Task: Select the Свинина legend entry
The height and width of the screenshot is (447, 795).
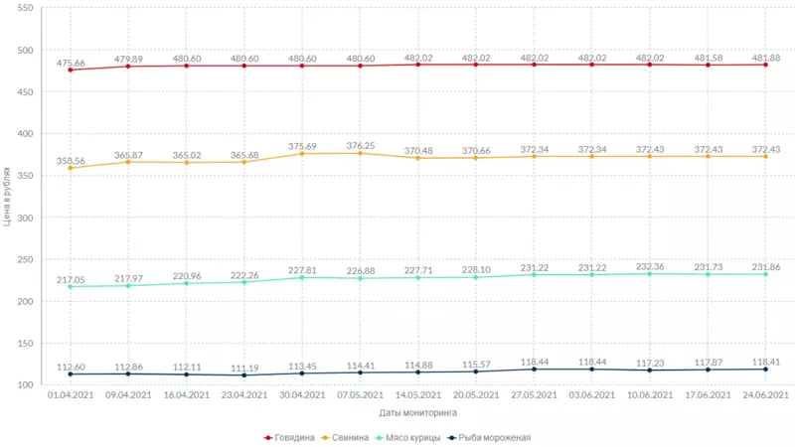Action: pos(350,436)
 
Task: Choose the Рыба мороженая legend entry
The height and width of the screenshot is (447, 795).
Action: pos(489,436)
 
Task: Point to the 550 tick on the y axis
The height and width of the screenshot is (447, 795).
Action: pos(25,8)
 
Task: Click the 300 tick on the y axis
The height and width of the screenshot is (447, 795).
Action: pos(25,218)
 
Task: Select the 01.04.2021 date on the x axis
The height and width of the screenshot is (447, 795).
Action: pos(71,394)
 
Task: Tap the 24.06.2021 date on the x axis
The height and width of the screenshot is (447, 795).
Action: pos(765,394)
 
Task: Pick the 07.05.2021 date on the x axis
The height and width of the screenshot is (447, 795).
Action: pos(360,394)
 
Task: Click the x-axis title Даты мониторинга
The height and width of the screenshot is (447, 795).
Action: pos(417,411)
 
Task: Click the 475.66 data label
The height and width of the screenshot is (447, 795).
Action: pos(71,63)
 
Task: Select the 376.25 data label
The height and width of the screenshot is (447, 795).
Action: pos(360,145)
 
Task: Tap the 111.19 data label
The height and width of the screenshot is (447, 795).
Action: pos(243,368)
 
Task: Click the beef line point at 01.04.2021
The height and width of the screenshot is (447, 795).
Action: pos(71,70)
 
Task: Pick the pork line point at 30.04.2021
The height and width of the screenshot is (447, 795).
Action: pos(302,154)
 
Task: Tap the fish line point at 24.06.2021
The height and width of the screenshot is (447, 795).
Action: pos(765,369)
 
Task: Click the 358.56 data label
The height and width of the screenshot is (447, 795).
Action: pos(71,160)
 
